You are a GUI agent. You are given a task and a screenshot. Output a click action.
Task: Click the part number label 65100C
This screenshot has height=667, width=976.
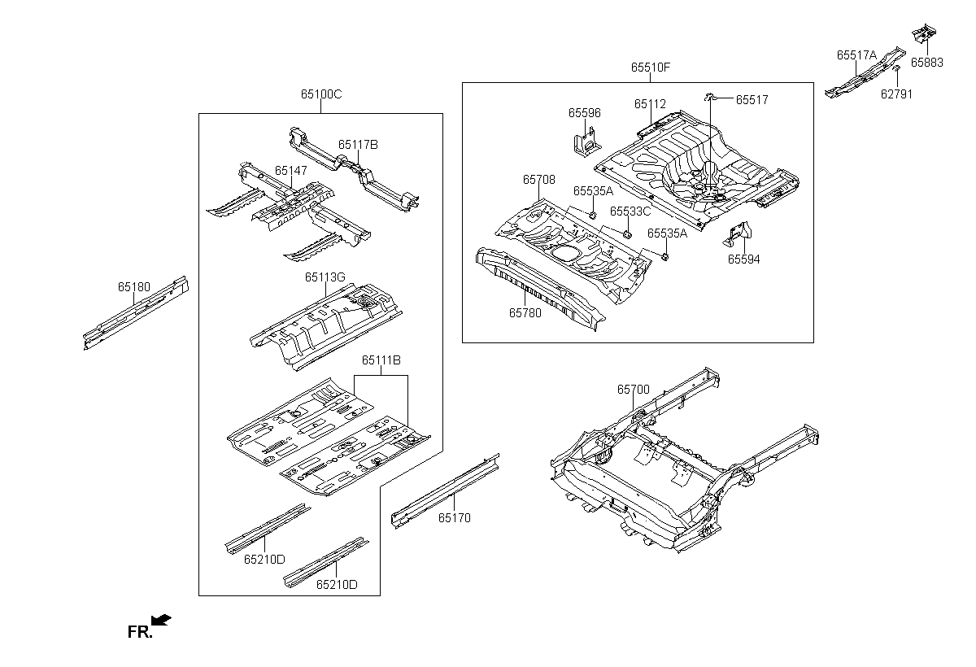tap(321, 94)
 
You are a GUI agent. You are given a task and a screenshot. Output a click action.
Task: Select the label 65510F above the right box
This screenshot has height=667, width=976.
tap(651, 68)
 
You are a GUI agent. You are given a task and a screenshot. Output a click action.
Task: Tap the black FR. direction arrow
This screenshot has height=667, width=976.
tap(161, 620)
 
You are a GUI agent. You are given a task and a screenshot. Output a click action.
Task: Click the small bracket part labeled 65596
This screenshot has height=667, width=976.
tap(587, 142)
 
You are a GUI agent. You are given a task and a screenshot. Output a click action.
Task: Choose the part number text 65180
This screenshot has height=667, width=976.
tap(133, 287)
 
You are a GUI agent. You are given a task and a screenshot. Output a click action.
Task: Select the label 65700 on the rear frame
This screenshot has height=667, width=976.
tap(633, 390)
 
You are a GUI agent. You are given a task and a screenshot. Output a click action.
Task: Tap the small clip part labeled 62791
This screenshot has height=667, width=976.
tap(896, 69)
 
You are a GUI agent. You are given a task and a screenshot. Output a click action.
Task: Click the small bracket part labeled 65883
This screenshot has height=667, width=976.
tap(924, 33)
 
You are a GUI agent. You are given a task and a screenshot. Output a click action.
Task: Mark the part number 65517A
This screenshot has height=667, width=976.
tap(856, 55)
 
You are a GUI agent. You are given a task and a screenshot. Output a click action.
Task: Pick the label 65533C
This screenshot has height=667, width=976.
tap(630, 211)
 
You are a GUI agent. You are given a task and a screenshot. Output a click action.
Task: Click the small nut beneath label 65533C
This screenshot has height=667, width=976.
tap(627, 234)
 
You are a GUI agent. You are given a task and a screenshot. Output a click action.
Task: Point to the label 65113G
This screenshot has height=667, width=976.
tap(325, 277)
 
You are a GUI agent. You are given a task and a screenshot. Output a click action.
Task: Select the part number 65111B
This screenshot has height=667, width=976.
tap(381, 360)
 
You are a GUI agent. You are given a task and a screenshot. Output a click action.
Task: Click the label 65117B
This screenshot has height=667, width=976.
tap(358, 145)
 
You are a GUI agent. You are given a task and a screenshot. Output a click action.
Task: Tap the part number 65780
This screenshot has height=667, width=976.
tap(525, 313)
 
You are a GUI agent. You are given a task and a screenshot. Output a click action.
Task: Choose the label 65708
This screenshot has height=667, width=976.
tap(539, 180)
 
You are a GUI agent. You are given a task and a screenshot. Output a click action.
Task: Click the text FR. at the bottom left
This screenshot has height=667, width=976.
tap(140, 632)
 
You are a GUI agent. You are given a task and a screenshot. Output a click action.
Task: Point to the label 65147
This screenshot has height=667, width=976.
tap(291, 171)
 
